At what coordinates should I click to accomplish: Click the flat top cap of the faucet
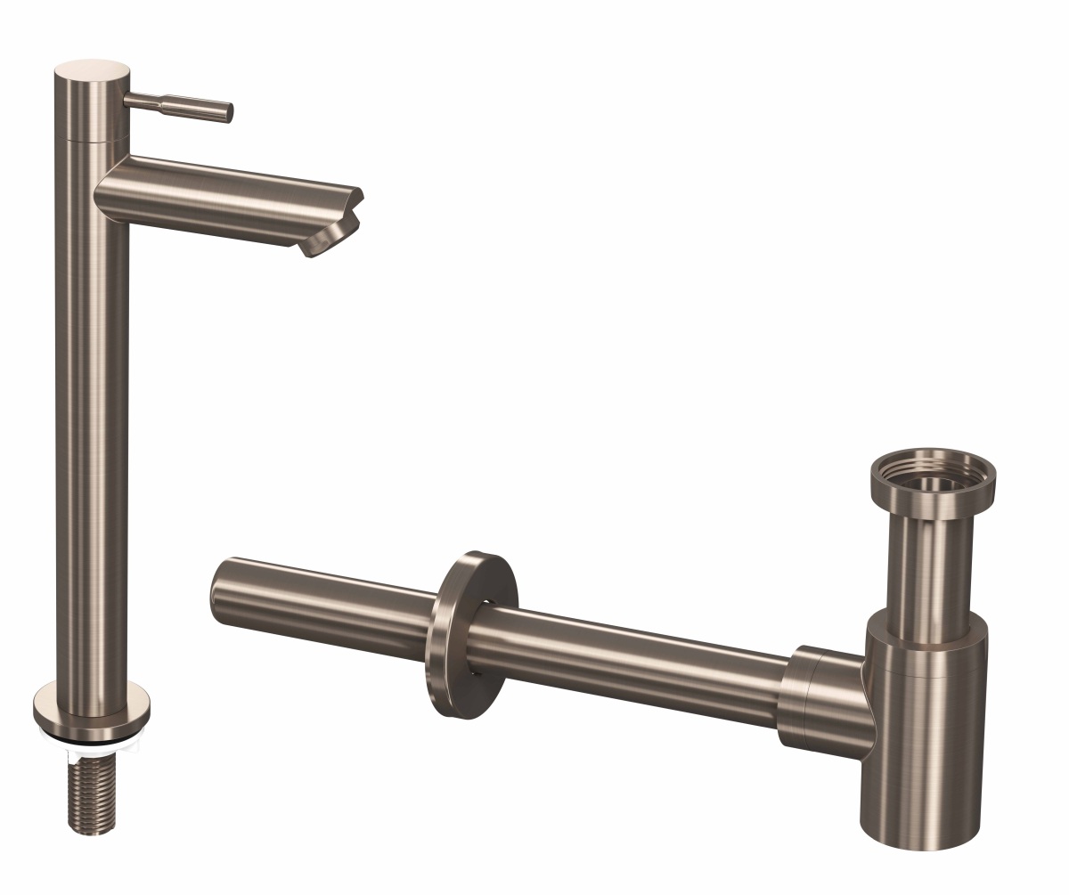point(92,69)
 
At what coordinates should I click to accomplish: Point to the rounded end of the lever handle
point(228,112)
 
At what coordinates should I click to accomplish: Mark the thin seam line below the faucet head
point(92,141)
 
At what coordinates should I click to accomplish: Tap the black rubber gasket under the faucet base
point(92,737)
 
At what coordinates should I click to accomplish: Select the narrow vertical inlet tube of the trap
point(931,561)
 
